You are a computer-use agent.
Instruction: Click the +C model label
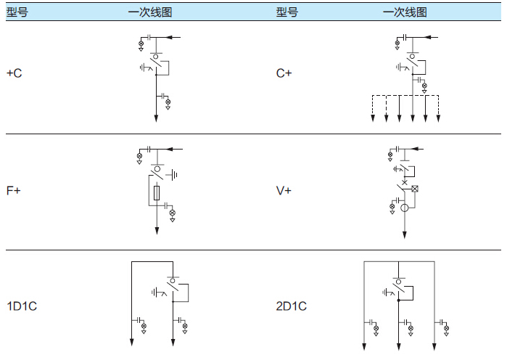coord(14,73)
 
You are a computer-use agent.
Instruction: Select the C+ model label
coord(284,73)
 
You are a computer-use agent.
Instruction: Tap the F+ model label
coord(14,191)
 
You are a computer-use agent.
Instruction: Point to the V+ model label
coord(284,191)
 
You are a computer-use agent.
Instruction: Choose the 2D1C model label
coord(292,306)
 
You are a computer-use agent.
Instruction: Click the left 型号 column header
coord(17,12)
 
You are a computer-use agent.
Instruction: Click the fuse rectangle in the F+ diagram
coord(157,194)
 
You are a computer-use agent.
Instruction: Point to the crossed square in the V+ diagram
coord(416,189)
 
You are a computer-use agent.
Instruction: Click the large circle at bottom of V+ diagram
coord(405,208)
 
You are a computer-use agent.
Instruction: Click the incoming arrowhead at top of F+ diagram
coord(169,149)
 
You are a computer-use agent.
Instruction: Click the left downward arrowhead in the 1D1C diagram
coord(131,343)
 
